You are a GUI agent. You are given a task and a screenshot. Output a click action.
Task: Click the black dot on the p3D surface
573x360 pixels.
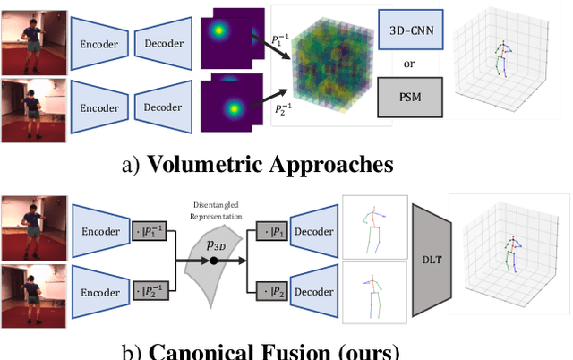click(x=215, y=261)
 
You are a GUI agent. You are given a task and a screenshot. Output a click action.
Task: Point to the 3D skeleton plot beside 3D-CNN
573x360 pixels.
click(x=507, y=60)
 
